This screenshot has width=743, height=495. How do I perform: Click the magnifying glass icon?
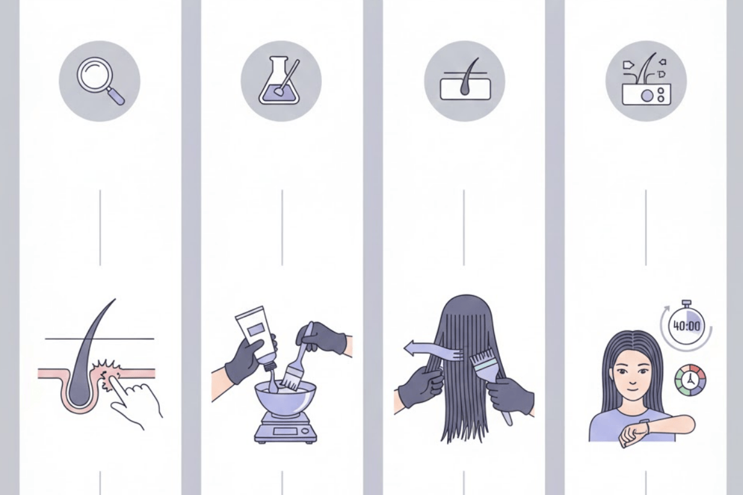pos(100,80)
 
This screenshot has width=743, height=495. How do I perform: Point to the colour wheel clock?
pos(690,381)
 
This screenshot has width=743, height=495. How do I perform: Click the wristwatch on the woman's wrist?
pos(645,427)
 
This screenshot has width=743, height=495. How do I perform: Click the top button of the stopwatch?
pos(686,303)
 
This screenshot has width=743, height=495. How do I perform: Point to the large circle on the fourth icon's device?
pos(646,96)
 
